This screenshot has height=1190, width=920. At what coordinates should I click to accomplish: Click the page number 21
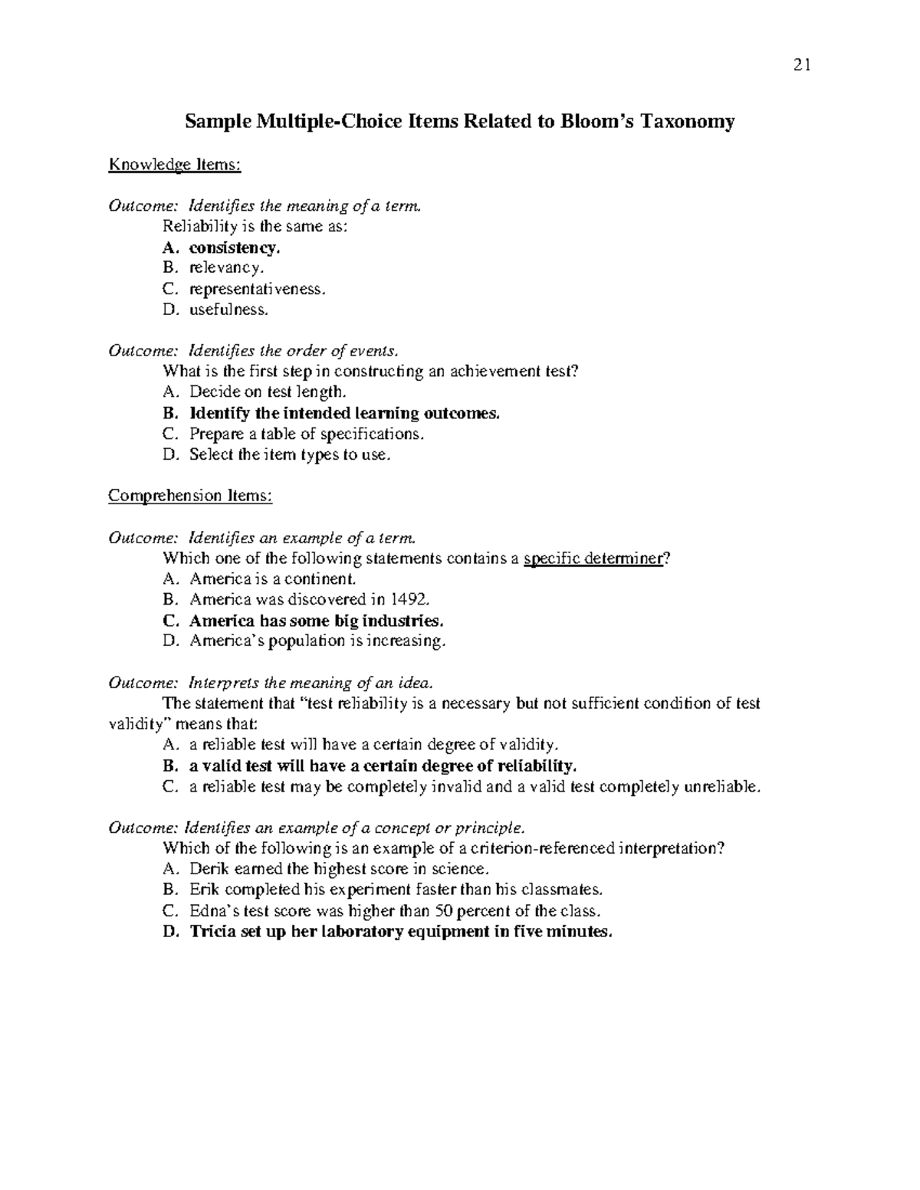[802, 65]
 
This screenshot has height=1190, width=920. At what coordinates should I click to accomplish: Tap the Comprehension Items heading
[190, 496]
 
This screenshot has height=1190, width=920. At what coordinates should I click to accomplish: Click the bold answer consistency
[235, 248]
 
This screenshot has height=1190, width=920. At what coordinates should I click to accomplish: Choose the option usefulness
[229, 310]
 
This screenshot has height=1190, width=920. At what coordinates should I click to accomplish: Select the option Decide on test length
[268, 392]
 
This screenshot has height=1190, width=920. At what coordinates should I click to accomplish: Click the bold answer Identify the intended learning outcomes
[344, 413]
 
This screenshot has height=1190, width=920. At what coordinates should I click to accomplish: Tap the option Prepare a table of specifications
[306, 434]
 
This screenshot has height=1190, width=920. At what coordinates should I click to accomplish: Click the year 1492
[405, 599]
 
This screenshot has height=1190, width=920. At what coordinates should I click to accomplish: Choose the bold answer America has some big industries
[316, 620]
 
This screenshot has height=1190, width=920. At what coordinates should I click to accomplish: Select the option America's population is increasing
[317, 641]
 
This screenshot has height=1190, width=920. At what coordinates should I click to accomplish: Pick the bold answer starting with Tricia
[401, 932]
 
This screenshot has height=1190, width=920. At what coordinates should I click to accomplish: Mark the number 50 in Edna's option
[443, 911]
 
